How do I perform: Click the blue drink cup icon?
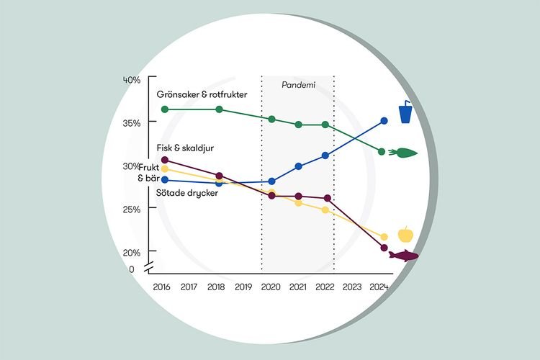(406, 112)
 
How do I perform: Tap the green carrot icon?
(402, 152)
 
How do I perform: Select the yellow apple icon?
(406, 234)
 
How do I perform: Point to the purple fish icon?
(403, 256)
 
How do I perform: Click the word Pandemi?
(298, 85)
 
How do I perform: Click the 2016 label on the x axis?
(162, 287)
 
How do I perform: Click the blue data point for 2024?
(384, 121)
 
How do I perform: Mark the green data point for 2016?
(165, 109)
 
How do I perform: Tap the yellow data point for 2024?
(384, 237)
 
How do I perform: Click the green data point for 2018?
(220, 109)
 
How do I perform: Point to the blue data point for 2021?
(299, 166)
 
